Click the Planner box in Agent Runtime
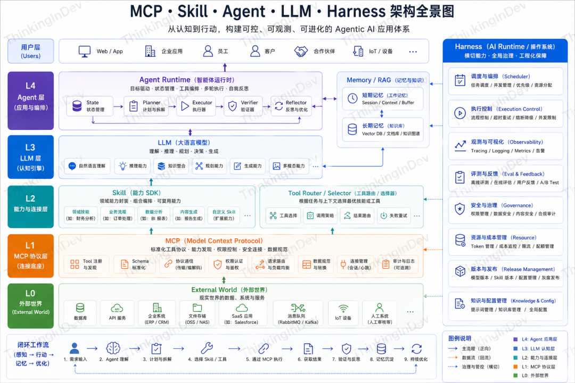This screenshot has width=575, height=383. click(x=145, y=106)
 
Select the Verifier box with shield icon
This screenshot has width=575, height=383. click(x=243, y=106)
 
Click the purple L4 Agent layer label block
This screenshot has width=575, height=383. click(x=31, y=101)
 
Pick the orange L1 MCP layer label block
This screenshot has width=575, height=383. click(x=31, y=255)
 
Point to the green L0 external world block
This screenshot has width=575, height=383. click(x=31, y=306)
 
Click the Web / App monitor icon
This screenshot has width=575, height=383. click(x=85, y=52)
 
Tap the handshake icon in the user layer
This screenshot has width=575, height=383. click(x=301, y=52)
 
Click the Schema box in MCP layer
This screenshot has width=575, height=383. click(x=133, y=264)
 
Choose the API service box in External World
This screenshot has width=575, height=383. click(x=117, y=313)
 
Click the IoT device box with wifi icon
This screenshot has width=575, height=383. click(x=343, y=313)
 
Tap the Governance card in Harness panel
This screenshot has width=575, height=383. click(x=505, y=210)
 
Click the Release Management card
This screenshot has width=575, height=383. click(x=505, y=273)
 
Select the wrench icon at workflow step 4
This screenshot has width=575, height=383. click(x=207, y=348)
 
